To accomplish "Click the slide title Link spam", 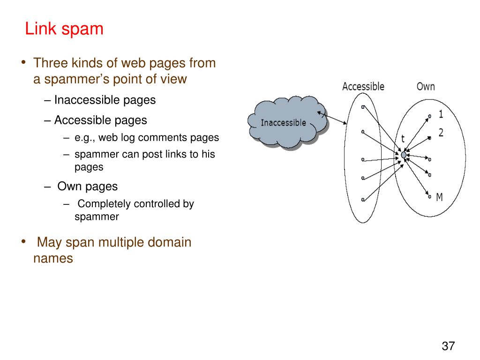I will (x=64, y=29).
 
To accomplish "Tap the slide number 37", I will (x=448, y=346).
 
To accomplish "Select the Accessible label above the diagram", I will (x=363, y=86).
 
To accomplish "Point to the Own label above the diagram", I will (x=426, y=86).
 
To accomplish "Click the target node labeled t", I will (x=404, y=155).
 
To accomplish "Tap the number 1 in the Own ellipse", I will (x=441, y=114).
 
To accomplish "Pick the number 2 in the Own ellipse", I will (x=441, y=133).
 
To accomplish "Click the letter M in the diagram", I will (x=439, y=197).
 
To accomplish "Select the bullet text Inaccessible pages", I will (x=105, y=100).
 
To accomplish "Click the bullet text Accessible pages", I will (x=100, y=120).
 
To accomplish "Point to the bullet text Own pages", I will (x=87, y=186).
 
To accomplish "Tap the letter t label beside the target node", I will (x=403, y=139).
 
